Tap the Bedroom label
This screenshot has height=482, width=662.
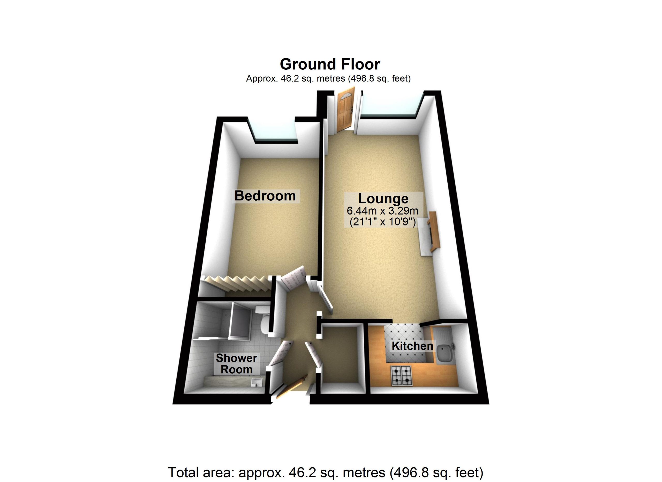click(x=265, y=196)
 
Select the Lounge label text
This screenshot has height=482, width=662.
click(x=383, y=199)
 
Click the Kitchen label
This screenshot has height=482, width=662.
click(x=412, y=346)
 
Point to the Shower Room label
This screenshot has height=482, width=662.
click(x=236, y=364)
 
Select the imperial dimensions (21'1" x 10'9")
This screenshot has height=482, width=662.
click(x=383, y=222)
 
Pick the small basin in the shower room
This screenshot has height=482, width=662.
click(x=257, y=382)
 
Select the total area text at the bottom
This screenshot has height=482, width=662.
click(x=326, y=472)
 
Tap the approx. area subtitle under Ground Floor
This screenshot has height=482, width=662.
click(x=328, y=79)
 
